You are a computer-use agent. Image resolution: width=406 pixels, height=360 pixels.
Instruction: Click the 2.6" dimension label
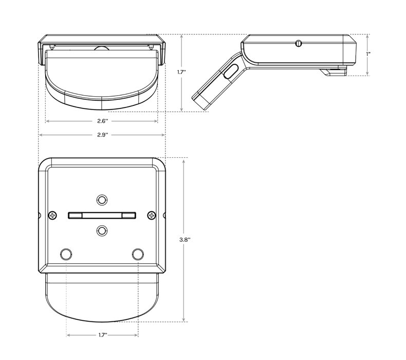[102, 121]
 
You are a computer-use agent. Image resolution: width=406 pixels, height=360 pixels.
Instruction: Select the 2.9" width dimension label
[102, 135]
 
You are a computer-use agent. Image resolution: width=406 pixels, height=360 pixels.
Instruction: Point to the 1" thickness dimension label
[368, 54]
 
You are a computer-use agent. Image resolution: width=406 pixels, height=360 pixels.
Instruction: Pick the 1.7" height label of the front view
[181, 72]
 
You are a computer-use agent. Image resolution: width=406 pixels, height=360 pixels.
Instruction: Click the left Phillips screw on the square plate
[53, 215]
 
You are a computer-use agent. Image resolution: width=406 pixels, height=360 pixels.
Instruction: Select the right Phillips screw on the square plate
[151, 215]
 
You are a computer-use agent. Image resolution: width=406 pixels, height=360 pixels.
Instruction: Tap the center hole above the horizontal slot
[102, 200]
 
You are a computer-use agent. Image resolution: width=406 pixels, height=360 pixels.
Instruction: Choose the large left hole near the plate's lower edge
[66, 254]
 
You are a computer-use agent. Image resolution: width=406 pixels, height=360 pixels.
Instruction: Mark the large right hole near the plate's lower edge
[137, 254]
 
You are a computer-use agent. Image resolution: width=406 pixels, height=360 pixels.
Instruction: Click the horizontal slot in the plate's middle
[102, 215]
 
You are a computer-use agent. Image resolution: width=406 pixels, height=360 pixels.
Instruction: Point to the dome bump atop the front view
[102, 48]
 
